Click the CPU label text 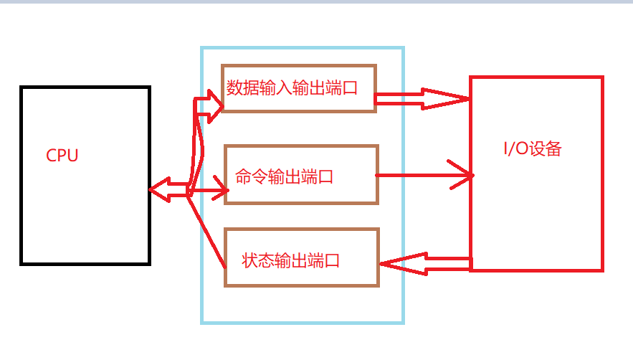coord(62,156)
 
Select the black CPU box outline coord(22,176)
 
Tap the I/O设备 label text coord(532,149)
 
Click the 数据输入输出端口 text coord(292,88)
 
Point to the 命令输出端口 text coord(285,176)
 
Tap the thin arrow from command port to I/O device coord(423,175)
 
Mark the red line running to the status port coord(207,229)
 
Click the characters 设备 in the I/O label coord(546,149)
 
